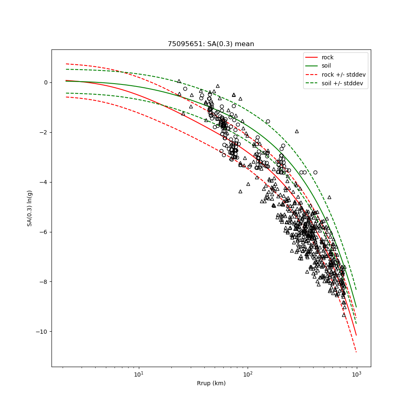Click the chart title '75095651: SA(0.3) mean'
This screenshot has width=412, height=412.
tap(211, 44)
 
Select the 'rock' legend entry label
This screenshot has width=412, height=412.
tap(328, 57)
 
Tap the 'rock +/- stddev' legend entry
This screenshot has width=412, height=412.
tap(344, 74)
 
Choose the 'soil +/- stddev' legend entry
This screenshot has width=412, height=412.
tap(344, 83)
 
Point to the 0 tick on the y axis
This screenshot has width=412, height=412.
tap(46, 82)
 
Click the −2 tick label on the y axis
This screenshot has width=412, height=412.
tap(44, 132)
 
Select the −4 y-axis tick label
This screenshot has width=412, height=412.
tap(44, 182)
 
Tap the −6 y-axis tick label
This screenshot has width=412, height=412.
tap(44, 232)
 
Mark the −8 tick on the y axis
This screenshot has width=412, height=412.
tap(44, 282)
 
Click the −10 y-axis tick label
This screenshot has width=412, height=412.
tap(43, 332)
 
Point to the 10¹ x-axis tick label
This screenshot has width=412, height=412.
tap(139, 374)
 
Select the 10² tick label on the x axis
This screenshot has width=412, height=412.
tap(248, 374)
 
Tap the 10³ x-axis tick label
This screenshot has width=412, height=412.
tap(356, 374)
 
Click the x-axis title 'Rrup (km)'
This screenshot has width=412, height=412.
tap(211, 383)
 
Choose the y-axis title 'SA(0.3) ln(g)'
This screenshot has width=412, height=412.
tap(30, 208)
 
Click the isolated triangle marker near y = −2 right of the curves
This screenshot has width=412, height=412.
tap(297, 131)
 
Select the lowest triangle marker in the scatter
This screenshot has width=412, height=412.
tap(344, 315)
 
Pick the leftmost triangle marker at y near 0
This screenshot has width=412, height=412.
tap(179, 81)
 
